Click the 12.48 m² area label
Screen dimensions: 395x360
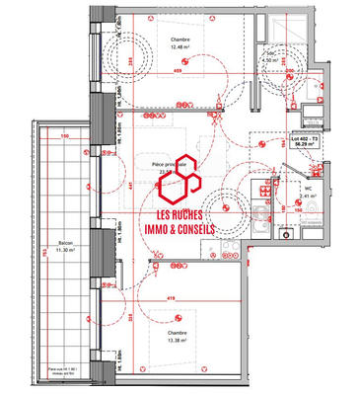pos(179,47)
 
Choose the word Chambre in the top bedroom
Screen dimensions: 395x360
pos(179,40)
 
